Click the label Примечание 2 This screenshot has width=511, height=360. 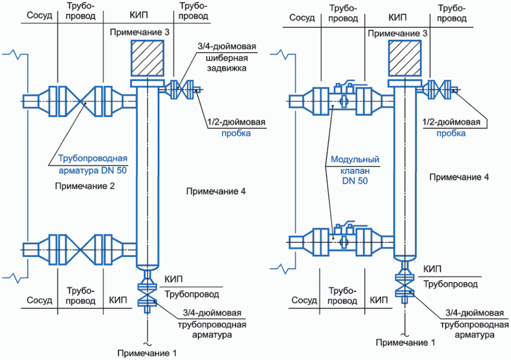[84, 187]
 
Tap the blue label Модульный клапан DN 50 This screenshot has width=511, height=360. [351, 170]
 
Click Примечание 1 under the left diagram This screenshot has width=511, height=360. [147, 352]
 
